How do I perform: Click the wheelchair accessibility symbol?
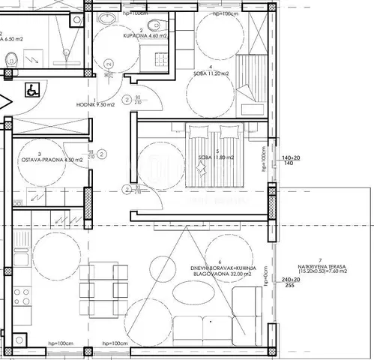(x=33, y=89)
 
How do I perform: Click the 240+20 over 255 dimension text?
(x=289, y=282)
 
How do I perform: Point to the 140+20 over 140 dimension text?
(x=289, y=160)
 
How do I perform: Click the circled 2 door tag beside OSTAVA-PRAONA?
(x=102, y=154)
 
